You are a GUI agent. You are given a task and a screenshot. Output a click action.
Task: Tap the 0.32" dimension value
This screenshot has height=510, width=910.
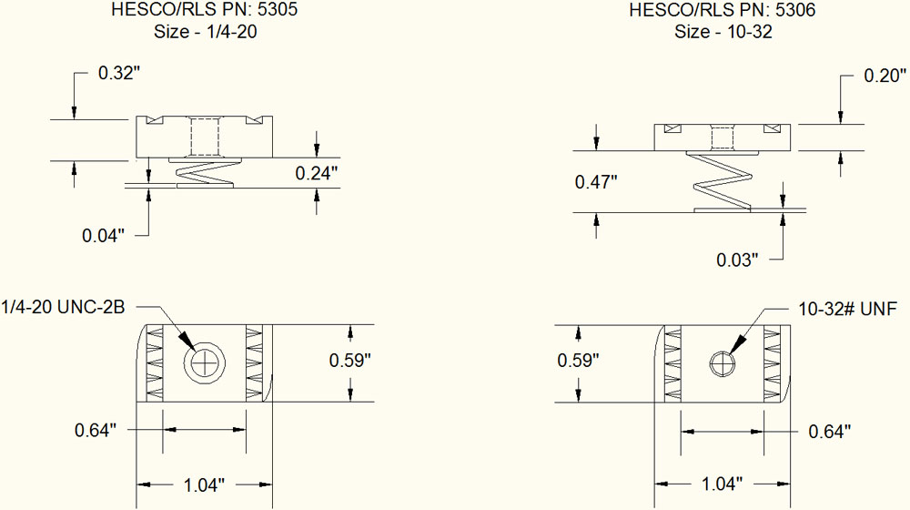coord(118,74)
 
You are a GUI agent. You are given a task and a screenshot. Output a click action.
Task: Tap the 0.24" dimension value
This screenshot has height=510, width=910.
coord(317,171)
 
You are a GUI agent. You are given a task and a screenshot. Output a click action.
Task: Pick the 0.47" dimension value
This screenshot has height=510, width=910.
coord(596,181)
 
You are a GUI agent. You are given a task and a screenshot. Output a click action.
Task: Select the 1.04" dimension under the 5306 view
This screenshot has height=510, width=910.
coord(722,482)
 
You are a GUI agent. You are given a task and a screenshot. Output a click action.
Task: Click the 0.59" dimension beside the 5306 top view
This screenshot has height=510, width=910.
coord(578,361)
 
